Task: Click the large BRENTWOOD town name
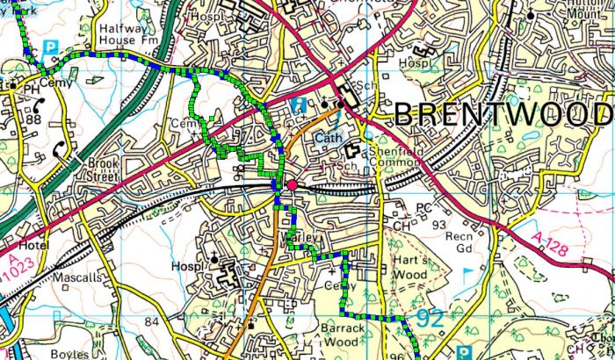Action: [501, 114]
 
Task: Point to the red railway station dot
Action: [292, 184]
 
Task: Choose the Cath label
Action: [328, 139]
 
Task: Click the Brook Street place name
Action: [102, 169]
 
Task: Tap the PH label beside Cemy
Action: [31, 89]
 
